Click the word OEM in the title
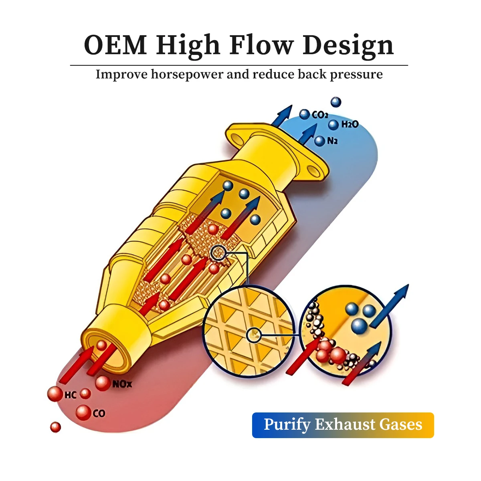115,45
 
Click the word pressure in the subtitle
356,75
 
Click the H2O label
350,125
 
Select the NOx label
122,384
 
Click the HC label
70,396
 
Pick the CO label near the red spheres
99,413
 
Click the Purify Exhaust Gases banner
343,425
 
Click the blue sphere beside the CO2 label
305,115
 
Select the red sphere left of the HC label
55,394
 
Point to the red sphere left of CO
83,412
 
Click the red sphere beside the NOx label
103,383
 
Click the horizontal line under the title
239,65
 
